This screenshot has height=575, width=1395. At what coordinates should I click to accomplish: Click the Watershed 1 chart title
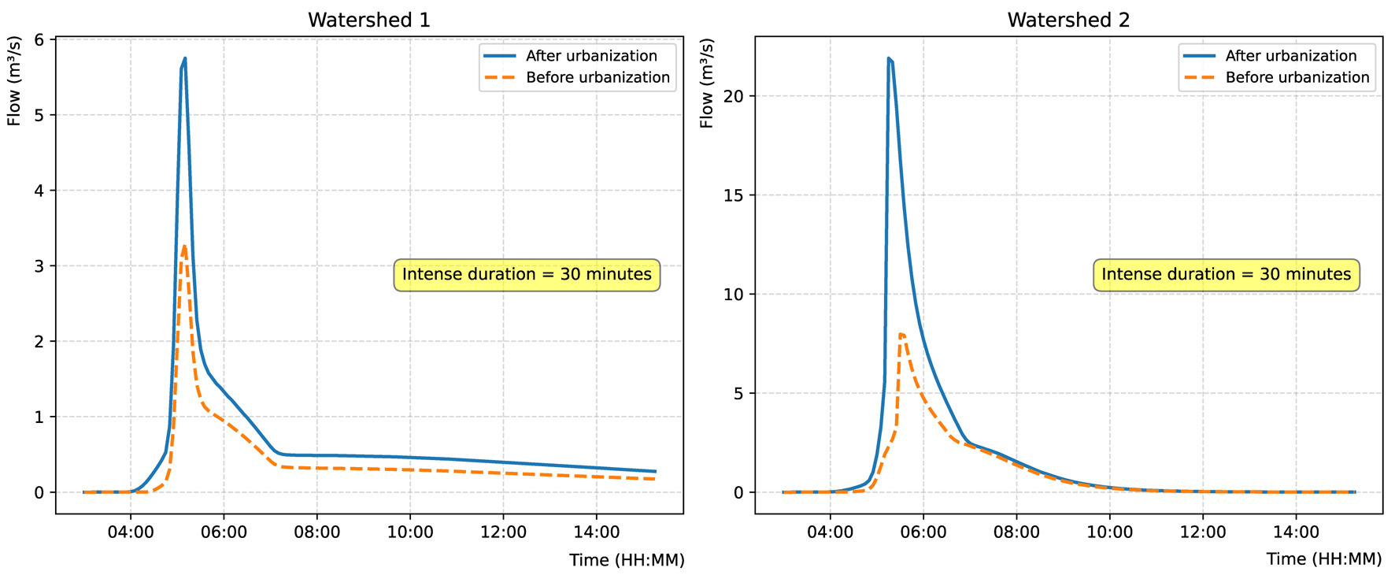[368, 20]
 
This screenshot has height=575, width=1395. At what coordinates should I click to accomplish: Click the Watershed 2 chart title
[1068, 20]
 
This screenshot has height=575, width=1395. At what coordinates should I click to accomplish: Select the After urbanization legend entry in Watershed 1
[590, 56]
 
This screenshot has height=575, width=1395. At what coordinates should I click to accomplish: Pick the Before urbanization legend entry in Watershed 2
[1297, 77]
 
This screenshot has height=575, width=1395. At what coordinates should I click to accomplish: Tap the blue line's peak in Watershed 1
[185, 58]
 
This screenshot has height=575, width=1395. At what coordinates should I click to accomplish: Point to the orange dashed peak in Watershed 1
[184, 246]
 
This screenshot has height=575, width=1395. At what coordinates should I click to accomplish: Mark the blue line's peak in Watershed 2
[889, 58]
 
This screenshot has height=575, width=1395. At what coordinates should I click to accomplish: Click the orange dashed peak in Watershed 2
[901, 334]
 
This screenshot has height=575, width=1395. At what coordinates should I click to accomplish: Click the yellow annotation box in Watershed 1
[527, 275]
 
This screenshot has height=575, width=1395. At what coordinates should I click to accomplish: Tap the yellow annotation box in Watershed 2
[1226, 275]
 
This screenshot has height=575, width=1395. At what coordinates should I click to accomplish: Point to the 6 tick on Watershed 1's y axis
[39, 40]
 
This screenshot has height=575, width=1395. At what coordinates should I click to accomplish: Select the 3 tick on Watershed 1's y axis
[39, 266]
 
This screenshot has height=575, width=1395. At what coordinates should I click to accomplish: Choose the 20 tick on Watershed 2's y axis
[733, 96]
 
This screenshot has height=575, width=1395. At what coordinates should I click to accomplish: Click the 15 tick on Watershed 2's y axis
[733, 195]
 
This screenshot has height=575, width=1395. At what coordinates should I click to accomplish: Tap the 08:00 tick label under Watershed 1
[316, 532]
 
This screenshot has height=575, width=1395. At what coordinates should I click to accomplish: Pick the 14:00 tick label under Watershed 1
[596, 532]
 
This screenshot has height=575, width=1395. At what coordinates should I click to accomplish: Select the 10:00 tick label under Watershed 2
[1109, 532]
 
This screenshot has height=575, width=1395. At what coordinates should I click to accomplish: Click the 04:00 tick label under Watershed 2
[830, 532]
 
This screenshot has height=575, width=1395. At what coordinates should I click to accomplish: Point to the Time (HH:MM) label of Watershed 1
[627, 560]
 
